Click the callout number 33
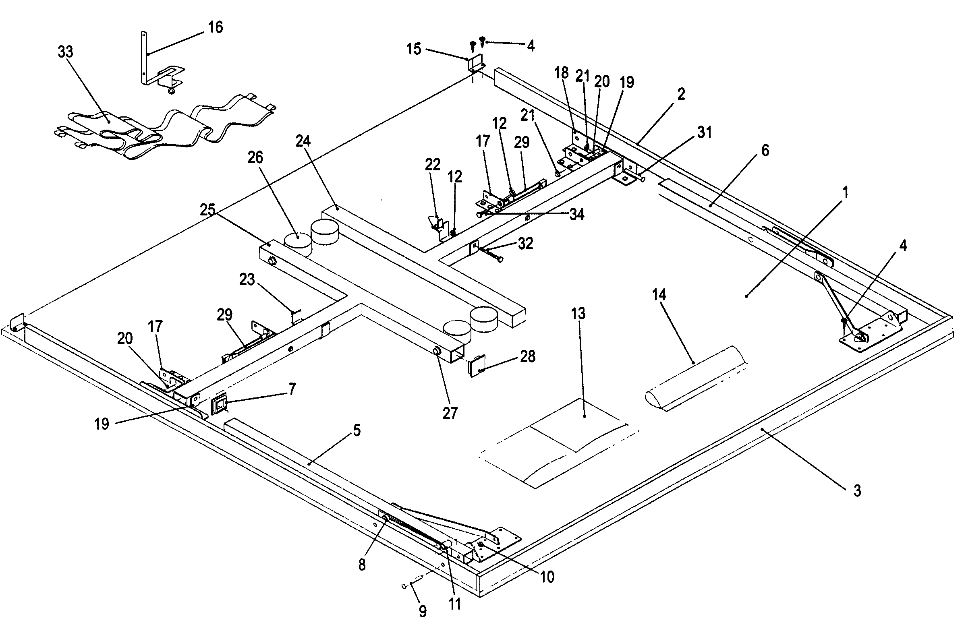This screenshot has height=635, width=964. click(x=65, y=52)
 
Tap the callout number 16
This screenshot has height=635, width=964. click(x=215, y=27)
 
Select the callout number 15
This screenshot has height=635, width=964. click(x=414, y=49)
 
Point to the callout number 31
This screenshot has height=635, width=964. click(x=704, y=132)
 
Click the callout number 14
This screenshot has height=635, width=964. click(x=659, y=295)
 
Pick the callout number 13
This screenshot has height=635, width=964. click(x=578, y=313)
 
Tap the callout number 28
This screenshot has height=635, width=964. click(x=527, y=356)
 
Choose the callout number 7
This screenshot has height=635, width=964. click(x=291, y=389)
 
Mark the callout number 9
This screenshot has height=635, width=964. click(x=423, y=611)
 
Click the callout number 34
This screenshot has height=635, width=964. click(x=576, y=214)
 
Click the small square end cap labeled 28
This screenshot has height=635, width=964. click(x=477, y=366)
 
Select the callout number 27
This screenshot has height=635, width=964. click(x=450, y=414)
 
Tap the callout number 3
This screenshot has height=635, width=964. click(x=857, y=491)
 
